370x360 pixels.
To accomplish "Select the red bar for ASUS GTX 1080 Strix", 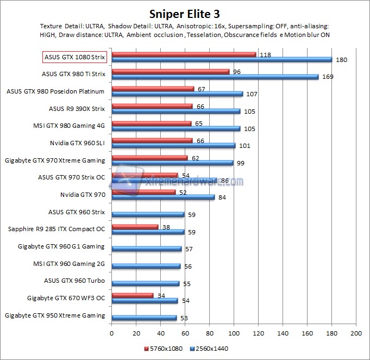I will pos(184,54).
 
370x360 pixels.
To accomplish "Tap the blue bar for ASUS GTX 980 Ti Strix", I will pos(215,77).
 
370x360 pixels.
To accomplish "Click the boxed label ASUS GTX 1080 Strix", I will pos(74,57).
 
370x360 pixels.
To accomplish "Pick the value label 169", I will pos(327,77).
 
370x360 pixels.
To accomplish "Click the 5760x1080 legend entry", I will pos(164,347).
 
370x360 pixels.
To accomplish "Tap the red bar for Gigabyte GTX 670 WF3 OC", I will pos(132,295).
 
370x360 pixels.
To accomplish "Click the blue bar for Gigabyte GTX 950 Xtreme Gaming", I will pos(144,318).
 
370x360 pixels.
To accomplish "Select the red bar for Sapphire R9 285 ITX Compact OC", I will pos(135,226).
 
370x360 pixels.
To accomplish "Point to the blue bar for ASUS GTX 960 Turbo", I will pos(145,283).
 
